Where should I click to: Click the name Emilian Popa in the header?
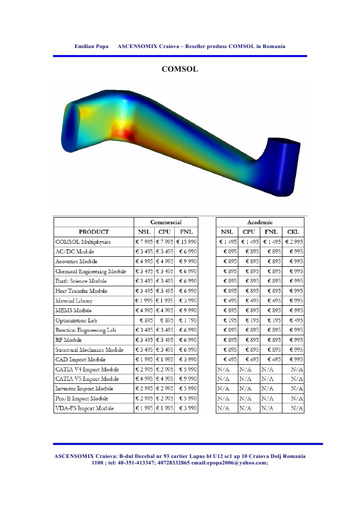(x=92, y=46)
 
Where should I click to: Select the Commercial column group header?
(x=166, y=222)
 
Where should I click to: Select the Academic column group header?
(x=260, y=222)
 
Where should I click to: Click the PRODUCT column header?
(x=94, y=232)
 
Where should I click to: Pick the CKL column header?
(x=293, y=232)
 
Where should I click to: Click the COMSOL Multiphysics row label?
(x=83, y=242)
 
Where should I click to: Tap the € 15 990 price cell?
(x=186, y=242)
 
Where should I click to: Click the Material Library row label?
(x=74, y=301)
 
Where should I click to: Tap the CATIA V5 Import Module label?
(x=87, y=379)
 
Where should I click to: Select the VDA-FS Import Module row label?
(x=85, y=408)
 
